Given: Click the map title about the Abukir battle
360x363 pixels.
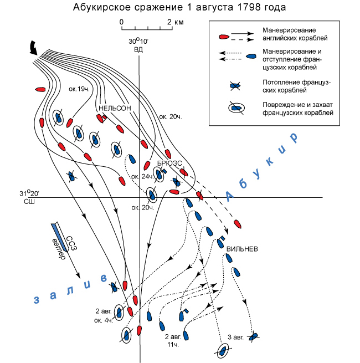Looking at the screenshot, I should (x=180, y=8).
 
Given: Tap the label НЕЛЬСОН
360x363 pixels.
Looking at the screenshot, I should (x=115, y=108).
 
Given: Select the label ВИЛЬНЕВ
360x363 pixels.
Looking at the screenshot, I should (x=243, y=248).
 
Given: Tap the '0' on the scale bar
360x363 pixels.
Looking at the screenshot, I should (x=121, y=22).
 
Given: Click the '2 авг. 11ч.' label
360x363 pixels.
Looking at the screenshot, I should (x=173, y=340).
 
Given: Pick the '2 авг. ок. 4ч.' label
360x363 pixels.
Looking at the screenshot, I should (x=105, y=315).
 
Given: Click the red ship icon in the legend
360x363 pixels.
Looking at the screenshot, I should (x=224, y=37).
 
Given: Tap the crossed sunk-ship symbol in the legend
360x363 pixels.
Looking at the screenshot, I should (x=235, y=85).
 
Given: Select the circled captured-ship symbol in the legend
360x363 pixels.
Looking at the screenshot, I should (x=235, y=108).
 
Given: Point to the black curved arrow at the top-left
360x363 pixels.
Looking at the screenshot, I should (x=35, y=49).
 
